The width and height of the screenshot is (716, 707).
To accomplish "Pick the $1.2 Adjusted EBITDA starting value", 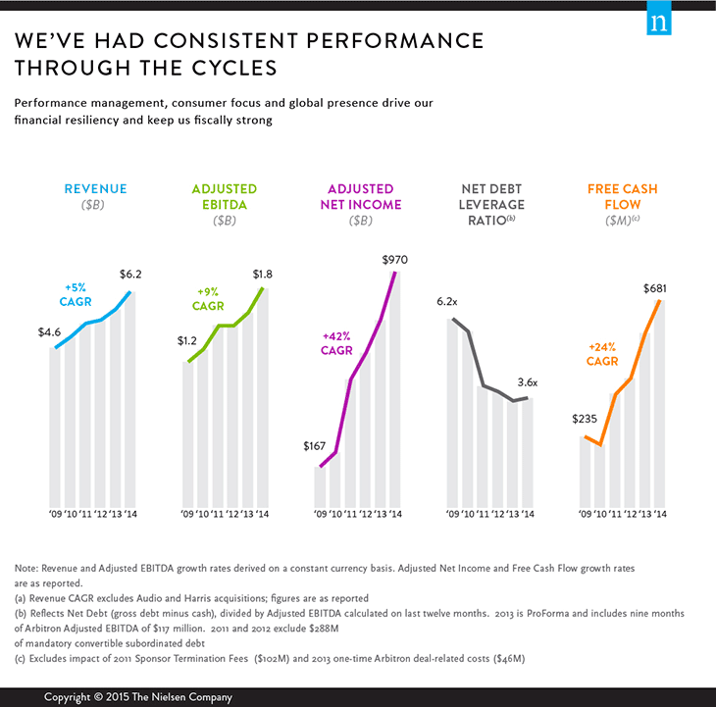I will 187,341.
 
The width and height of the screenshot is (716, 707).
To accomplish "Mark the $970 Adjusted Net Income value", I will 395,260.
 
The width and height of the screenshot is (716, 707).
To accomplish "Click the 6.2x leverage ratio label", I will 448,302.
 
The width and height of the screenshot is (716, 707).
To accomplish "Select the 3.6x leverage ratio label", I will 528,382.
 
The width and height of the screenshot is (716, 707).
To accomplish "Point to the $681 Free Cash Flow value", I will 656,288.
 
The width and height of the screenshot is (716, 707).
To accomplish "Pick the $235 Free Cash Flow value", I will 585,419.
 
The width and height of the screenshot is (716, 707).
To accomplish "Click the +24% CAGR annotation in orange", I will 603,354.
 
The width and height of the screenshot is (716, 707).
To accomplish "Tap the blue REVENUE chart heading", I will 95,189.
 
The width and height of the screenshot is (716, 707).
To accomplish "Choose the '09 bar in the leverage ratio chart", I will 451,412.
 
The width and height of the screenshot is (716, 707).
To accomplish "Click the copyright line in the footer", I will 136,697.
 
